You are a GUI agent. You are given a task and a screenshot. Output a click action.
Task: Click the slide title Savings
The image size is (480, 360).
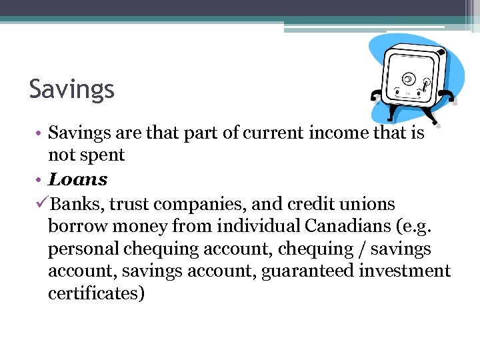[x=72, y=89]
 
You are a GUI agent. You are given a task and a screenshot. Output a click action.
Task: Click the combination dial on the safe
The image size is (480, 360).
[x=407, y=79]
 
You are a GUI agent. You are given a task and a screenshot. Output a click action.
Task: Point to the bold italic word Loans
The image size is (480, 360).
[x=78, y=179]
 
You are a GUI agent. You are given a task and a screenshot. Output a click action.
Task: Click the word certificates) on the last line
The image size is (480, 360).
[x=96, y=294]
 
